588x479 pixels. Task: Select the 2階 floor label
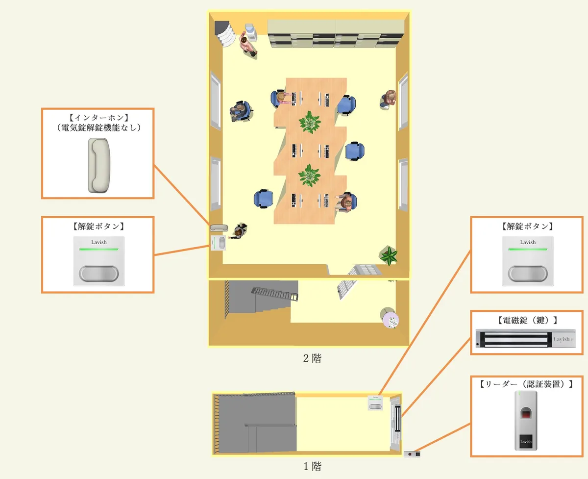point(312,358)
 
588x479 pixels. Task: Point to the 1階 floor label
point(312,466)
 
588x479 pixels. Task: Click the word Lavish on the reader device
point(526,441)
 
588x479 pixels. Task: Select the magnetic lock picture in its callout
point(526,339)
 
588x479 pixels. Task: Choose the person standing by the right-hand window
point(388,99)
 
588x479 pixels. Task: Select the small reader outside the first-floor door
point(412,454)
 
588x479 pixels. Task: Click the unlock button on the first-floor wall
point(375,403)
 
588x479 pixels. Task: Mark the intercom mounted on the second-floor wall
point(219,227)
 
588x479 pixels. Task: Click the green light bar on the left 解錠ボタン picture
point(99,249)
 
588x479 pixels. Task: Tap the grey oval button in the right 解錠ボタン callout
point(528,273)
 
